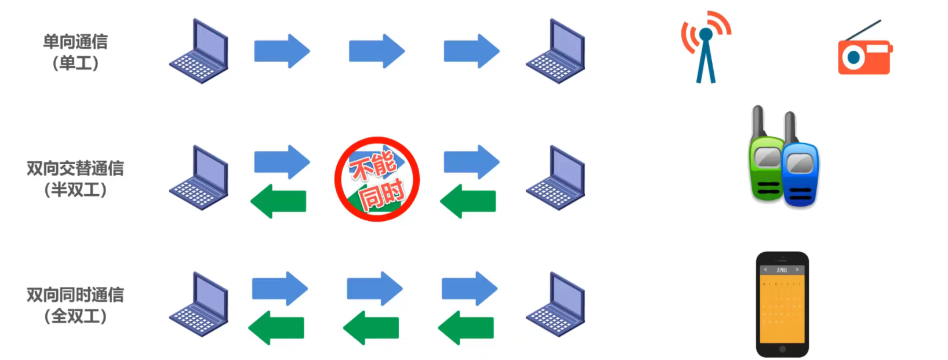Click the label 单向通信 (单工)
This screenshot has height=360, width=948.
coord(75,52)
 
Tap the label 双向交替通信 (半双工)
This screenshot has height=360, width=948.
coord(75,179)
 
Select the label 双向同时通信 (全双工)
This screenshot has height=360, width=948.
coord(75,306)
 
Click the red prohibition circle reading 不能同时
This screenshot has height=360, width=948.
coord(377,179)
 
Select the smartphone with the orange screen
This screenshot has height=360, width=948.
coord(782,304)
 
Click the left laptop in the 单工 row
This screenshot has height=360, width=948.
coord(199,52)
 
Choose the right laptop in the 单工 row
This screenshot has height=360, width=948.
coord(556,52)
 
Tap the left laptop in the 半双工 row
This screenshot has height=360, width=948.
coord(199,178)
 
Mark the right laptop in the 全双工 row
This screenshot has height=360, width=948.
coord(556,304)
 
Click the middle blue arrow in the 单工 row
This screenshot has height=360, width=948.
coord(377,51)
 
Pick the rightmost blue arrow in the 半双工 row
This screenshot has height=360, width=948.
coord(471,162)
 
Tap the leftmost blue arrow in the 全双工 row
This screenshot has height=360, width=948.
coord(280,288)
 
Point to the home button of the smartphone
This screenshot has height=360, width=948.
coord(782,349)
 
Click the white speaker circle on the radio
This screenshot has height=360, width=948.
coord(853,57)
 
